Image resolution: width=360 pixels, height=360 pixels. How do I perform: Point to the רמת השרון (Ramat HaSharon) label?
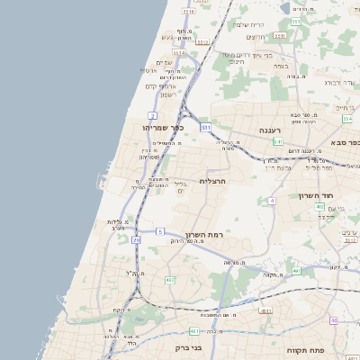tap(203, 235)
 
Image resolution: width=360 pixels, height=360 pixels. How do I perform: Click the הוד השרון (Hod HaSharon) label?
tap(318, 194)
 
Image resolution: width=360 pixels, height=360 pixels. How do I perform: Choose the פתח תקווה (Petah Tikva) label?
tap(304, 349)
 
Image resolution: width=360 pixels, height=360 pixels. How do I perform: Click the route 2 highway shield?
tap(153, 116)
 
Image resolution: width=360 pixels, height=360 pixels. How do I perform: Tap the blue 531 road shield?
tap(205, 128)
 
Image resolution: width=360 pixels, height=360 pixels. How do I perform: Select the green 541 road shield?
tap(278, 142)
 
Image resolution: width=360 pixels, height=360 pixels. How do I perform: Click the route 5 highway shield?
tap(160, 231)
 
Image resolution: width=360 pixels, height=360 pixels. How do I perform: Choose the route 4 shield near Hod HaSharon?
tap(272, 201)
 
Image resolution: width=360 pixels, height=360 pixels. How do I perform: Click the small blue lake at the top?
tap(297, 7)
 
